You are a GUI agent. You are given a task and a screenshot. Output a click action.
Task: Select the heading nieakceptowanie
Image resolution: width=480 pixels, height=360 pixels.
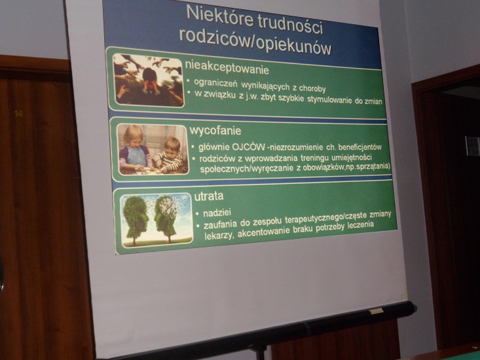pyautogui.click(x=227, y=67)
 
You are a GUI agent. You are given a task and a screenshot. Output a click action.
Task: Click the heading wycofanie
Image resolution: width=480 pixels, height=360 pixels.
pyautogui.click(x=215, y=131)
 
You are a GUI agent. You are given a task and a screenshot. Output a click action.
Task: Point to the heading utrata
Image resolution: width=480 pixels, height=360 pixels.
pyautogui.click(x=209, y=196)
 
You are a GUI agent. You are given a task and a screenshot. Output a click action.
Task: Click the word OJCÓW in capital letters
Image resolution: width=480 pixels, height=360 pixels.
pyautogui.click(x=248, y=147)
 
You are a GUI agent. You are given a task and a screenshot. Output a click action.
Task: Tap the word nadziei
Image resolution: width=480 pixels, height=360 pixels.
pyautogui.click(x=217, y=213)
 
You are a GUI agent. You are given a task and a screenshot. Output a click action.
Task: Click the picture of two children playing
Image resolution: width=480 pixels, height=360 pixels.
pyautogui.click(x=153, y=150)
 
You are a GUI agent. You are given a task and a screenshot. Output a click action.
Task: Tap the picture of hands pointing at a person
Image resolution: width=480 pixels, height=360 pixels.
pyautogui.click(x=148, y=81)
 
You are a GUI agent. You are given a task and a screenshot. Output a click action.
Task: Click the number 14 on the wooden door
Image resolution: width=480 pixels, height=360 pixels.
pyautogui.click(x=18, y=114)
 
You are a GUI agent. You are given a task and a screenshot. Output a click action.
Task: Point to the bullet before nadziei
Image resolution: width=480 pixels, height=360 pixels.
pyautogui.click(x=198, y=213)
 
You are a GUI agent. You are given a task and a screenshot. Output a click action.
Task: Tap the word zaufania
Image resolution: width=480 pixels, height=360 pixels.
pyautogui.click(x=221, y=225)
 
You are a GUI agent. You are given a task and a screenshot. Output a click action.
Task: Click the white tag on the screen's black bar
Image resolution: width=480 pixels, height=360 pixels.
pyautogui.click(x=377, y=311)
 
